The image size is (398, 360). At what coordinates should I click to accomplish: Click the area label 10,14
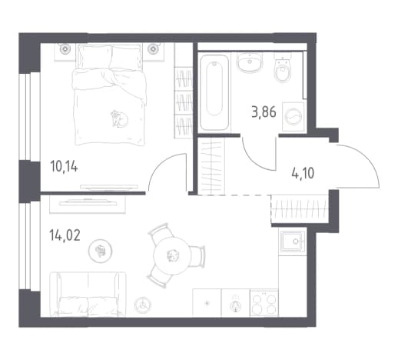tap(64, 168)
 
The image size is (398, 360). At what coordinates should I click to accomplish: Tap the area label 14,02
tap(65, 235)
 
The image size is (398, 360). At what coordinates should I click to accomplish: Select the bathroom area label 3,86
tap(264, 112)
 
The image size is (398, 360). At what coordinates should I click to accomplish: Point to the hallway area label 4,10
tap(303, 173)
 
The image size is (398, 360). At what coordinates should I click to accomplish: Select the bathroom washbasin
tap(250, 62)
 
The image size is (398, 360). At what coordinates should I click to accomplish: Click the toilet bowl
tap(283, 68)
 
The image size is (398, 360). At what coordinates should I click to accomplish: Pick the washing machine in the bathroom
tap(294, 117)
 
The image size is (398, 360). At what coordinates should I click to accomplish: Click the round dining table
tap(172, 255)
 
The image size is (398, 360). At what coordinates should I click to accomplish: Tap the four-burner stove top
tap(264, 303)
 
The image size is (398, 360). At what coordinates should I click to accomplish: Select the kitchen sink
tap(293, 242)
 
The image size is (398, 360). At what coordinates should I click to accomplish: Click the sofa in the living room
tap(88, 294)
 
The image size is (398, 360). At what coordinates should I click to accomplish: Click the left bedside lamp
tap(65, 48)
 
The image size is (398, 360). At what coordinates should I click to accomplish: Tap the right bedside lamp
tap(154, 48)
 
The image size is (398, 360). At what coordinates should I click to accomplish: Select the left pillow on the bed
tap(95, 57)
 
